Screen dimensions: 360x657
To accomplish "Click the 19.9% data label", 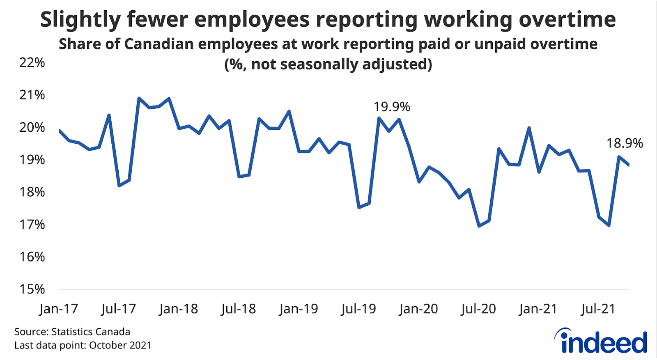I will [x=391, y=107].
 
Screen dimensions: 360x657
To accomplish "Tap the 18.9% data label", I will [x=625, y=143].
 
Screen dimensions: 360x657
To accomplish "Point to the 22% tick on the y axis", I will [x=32, y=62].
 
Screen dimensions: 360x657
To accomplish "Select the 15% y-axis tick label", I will [x=32, y=289].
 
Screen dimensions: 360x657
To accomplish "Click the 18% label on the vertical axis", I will [x=32, y=192].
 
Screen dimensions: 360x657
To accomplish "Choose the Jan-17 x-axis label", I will [x=59, y=309].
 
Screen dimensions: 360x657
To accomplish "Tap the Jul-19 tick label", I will [x=358, y=309].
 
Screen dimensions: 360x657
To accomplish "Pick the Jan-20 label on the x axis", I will [x=418, y=309].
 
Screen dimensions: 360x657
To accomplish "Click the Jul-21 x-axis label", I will [x=598, y=309].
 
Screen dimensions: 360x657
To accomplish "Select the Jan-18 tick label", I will [x=178, y=309].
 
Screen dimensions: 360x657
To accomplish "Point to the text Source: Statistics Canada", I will [x=72, y=332].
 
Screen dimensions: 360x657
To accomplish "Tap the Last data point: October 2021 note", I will [x=83, y=345].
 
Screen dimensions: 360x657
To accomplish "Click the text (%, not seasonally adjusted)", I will [x=328, y=64].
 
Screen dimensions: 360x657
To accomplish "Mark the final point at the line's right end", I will [x=628, y=165].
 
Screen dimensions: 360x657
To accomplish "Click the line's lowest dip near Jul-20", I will [x=479, y=226].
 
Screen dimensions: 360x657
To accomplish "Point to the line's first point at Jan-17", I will [x=60, y=131].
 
